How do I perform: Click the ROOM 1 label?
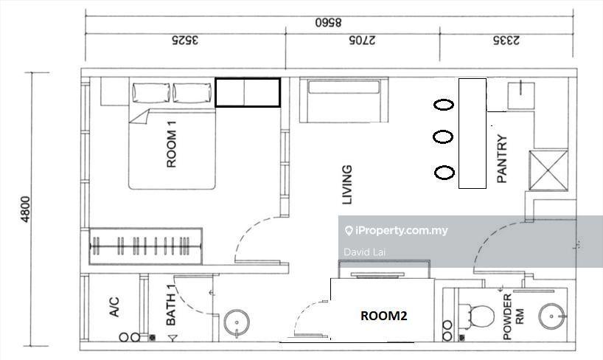tap(172, 145)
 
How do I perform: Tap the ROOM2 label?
tap(383, 316)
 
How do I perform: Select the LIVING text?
tap(347, 185)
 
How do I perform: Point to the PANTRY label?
tap(502, 159)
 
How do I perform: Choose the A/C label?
tap(114, 307)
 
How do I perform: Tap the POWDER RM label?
tap(513, 317)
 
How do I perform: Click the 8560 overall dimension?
tap(328, 22)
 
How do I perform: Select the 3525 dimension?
tap(185, 40)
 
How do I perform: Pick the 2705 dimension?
tap(362, 40)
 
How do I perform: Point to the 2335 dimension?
tap(506, 40)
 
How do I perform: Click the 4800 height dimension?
tap(25, 209)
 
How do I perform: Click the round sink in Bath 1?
tap(237, 323)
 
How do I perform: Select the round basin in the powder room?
tap(552, 316)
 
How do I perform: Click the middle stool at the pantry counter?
tap(443, 136)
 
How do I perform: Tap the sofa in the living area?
tap(344, 100)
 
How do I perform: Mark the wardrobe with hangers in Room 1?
tap(145, 246)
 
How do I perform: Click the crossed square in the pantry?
tap(548, 170)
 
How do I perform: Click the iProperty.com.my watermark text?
tap(397, 231)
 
